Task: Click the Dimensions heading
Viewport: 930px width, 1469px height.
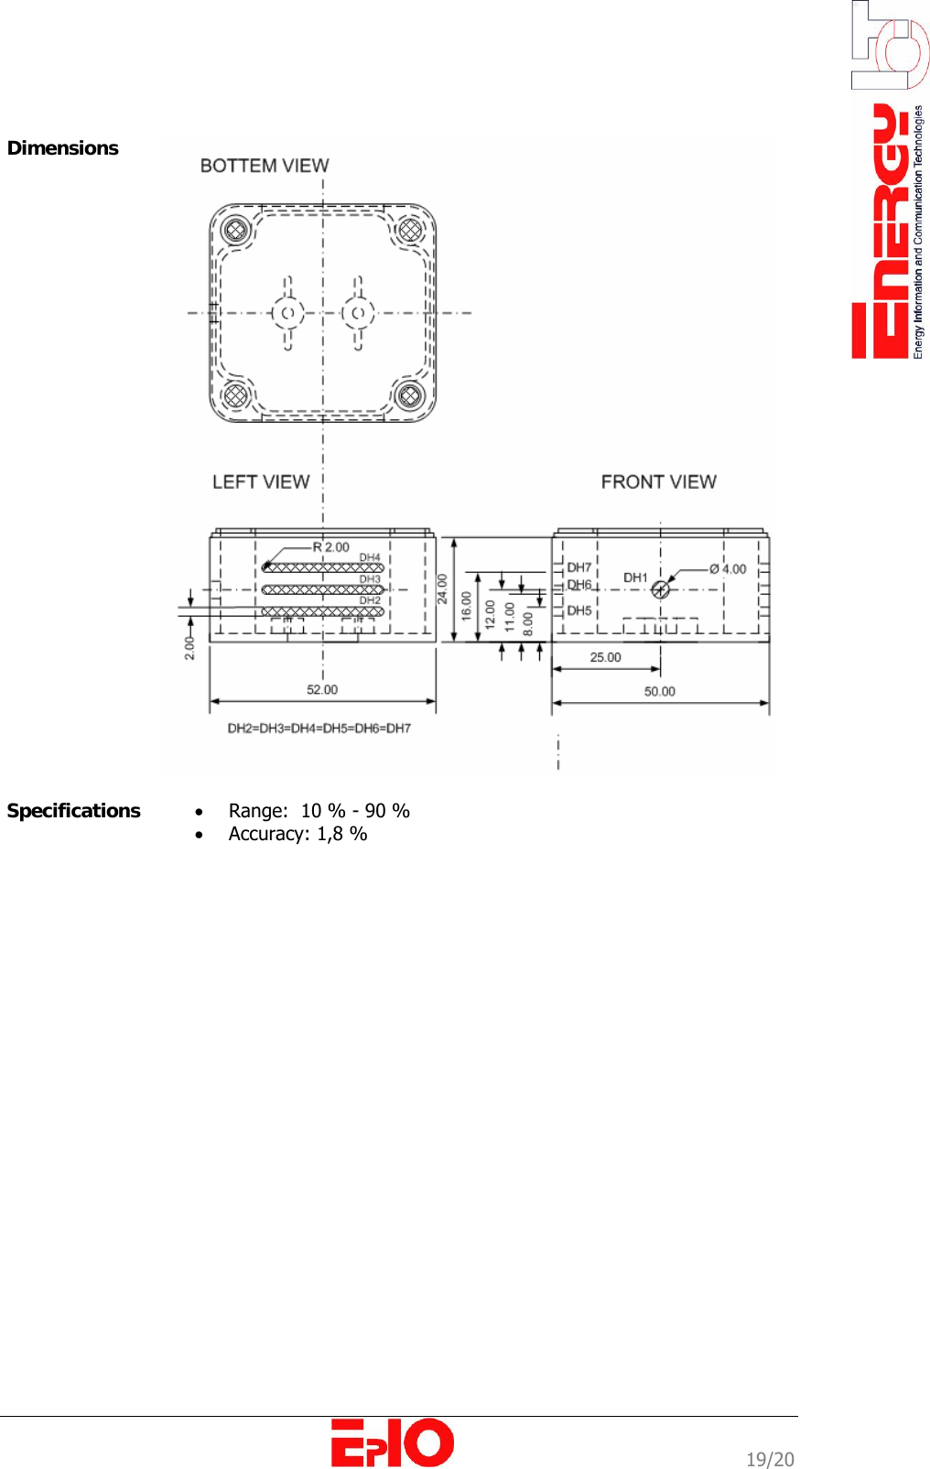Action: [x=62, y=148]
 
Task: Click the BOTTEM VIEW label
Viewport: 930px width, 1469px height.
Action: [x=264, y=166]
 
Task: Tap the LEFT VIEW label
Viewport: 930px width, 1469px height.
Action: [x=261, y=482]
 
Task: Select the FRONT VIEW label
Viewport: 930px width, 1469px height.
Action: [x=658, y=482]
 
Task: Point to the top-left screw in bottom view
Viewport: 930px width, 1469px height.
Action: [x=236, y=229]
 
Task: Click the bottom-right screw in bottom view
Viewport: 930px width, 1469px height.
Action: [x=409, y=396]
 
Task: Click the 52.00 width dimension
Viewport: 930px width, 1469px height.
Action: [x=322, y=690]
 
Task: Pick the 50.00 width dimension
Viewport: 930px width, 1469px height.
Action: [x=659, y=692]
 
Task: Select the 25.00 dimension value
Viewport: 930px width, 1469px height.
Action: [x=605, y=657]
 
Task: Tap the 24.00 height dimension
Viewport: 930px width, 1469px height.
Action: [x=442, y=589]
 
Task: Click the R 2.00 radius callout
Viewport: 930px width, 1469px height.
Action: [x=330, y=547]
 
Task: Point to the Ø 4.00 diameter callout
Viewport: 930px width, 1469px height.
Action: [x=728, y=569]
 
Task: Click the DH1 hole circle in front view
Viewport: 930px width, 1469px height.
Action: [x=660, y=589]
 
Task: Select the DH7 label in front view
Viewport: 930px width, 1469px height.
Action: [x=579, y=567]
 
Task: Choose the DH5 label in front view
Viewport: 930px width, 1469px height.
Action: [x=579, y=610]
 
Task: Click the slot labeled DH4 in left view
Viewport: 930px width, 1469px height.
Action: [x=322, y=567]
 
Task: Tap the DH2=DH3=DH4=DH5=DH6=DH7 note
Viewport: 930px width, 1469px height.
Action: [x=319, y=729]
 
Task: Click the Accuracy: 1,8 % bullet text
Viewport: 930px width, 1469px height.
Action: [x=297, y=834]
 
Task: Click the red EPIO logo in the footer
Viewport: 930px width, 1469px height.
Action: [x=392, y=1443]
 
